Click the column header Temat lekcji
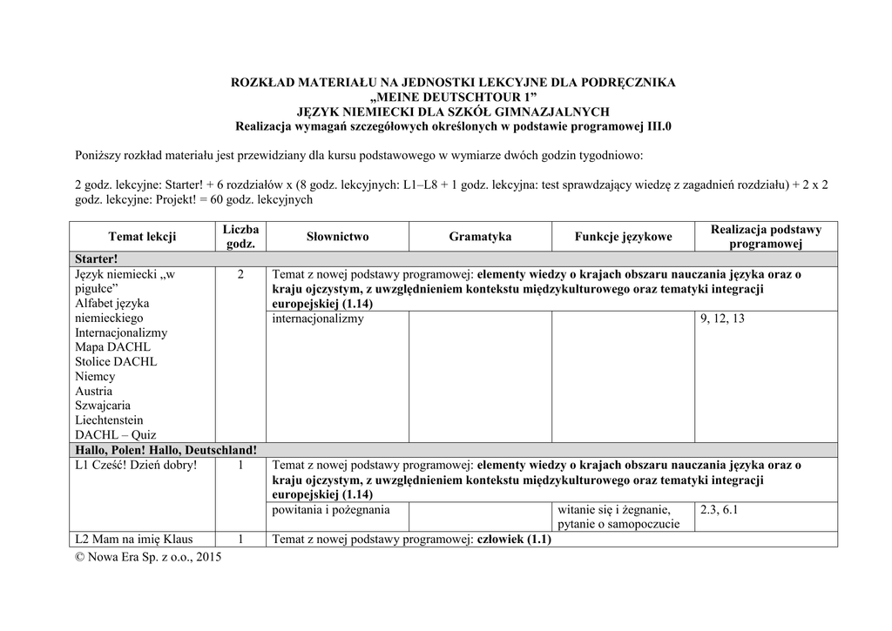click(142, 237)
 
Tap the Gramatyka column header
click(480, 237)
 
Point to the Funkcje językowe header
click(623, 237)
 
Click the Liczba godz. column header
click(240, 237)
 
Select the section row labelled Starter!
click(96, 259)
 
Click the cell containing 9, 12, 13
click(722, 319)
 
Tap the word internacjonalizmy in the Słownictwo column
click(318, 319)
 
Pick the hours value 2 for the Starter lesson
click(240, 274)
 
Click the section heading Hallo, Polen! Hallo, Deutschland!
click(166, 450)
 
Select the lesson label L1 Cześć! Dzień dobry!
click(136, 466)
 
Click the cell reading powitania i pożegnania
click(331, 509)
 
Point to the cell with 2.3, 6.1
click(719, 509)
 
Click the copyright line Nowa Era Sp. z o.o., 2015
click(149, 557)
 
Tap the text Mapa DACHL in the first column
click(113, 347)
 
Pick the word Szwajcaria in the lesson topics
click(104, 406)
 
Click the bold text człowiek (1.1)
click(513, 539)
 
